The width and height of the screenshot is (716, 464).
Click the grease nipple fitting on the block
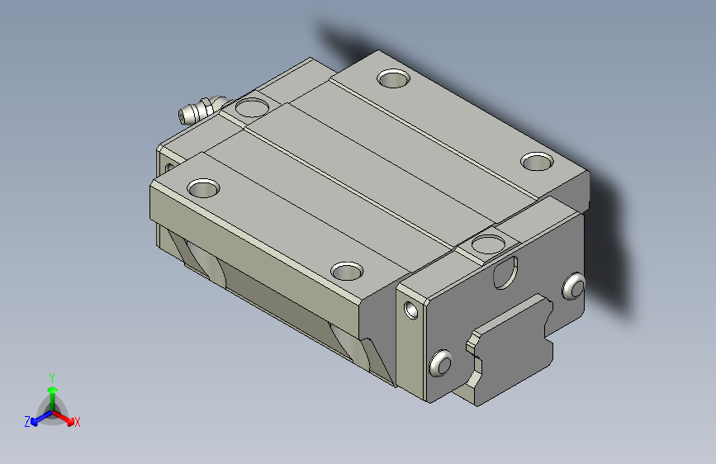(x=201, y=110)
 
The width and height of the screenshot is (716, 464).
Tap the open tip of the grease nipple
(x=183, y=117)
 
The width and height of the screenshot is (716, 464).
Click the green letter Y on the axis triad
(x=52, y=378)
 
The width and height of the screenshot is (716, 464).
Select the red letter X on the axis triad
(x=77, y=422)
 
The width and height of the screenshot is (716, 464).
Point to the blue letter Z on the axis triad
(x=27, y=422)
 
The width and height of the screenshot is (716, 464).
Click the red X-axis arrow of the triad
(x=63, y=418)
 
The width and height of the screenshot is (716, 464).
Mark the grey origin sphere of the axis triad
(x=53, y=412)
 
